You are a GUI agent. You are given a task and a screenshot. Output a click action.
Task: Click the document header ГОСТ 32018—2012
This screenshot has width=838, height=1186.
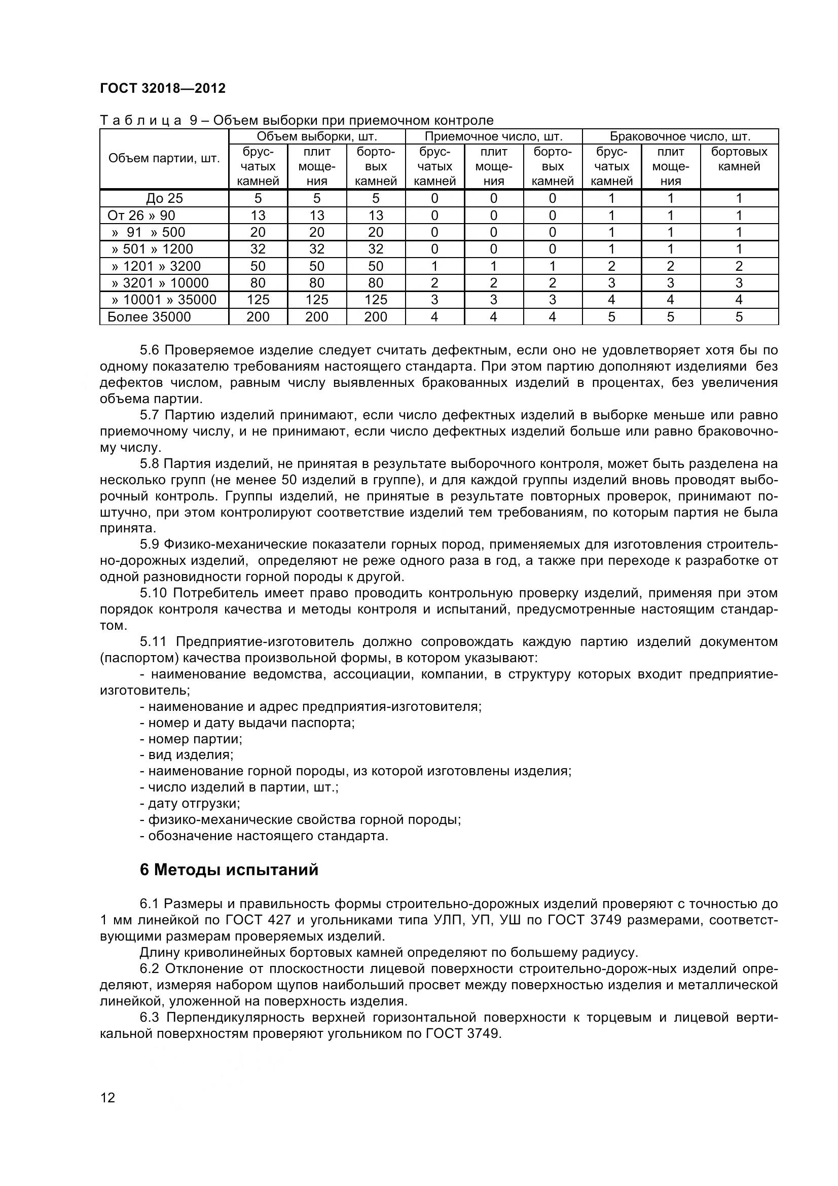coord(163,88)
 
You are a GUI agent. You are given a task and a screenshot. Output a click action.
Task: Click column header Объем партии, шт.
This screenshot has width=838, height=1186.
coord(164,159)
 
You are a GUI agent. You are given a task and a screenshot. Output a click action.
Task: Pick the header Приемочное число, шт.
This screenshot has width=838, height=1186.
coord(493,136)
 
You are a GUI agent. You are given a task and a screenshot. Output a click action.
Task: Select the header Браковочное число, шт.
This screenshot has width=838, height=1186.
coord(679,136)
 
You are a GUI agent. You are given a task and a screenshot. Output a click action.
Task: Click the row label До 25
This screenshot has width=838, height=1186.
coord(164,198)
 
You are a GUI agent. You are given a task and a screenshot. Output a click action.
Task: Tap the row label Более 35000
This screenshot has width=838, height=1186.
coord(149,316)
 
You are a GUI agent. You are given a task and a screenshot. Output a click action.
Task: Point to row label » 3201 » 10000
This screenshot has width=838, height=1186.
coord(160,282)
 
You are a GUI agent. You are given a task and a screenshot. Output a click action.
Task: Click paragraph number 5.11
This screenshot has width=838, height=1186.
coord(153,641)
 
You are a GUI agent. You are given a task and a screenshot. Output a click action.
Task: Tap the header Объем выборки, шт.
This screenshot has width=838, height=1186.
coord(316,136)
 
